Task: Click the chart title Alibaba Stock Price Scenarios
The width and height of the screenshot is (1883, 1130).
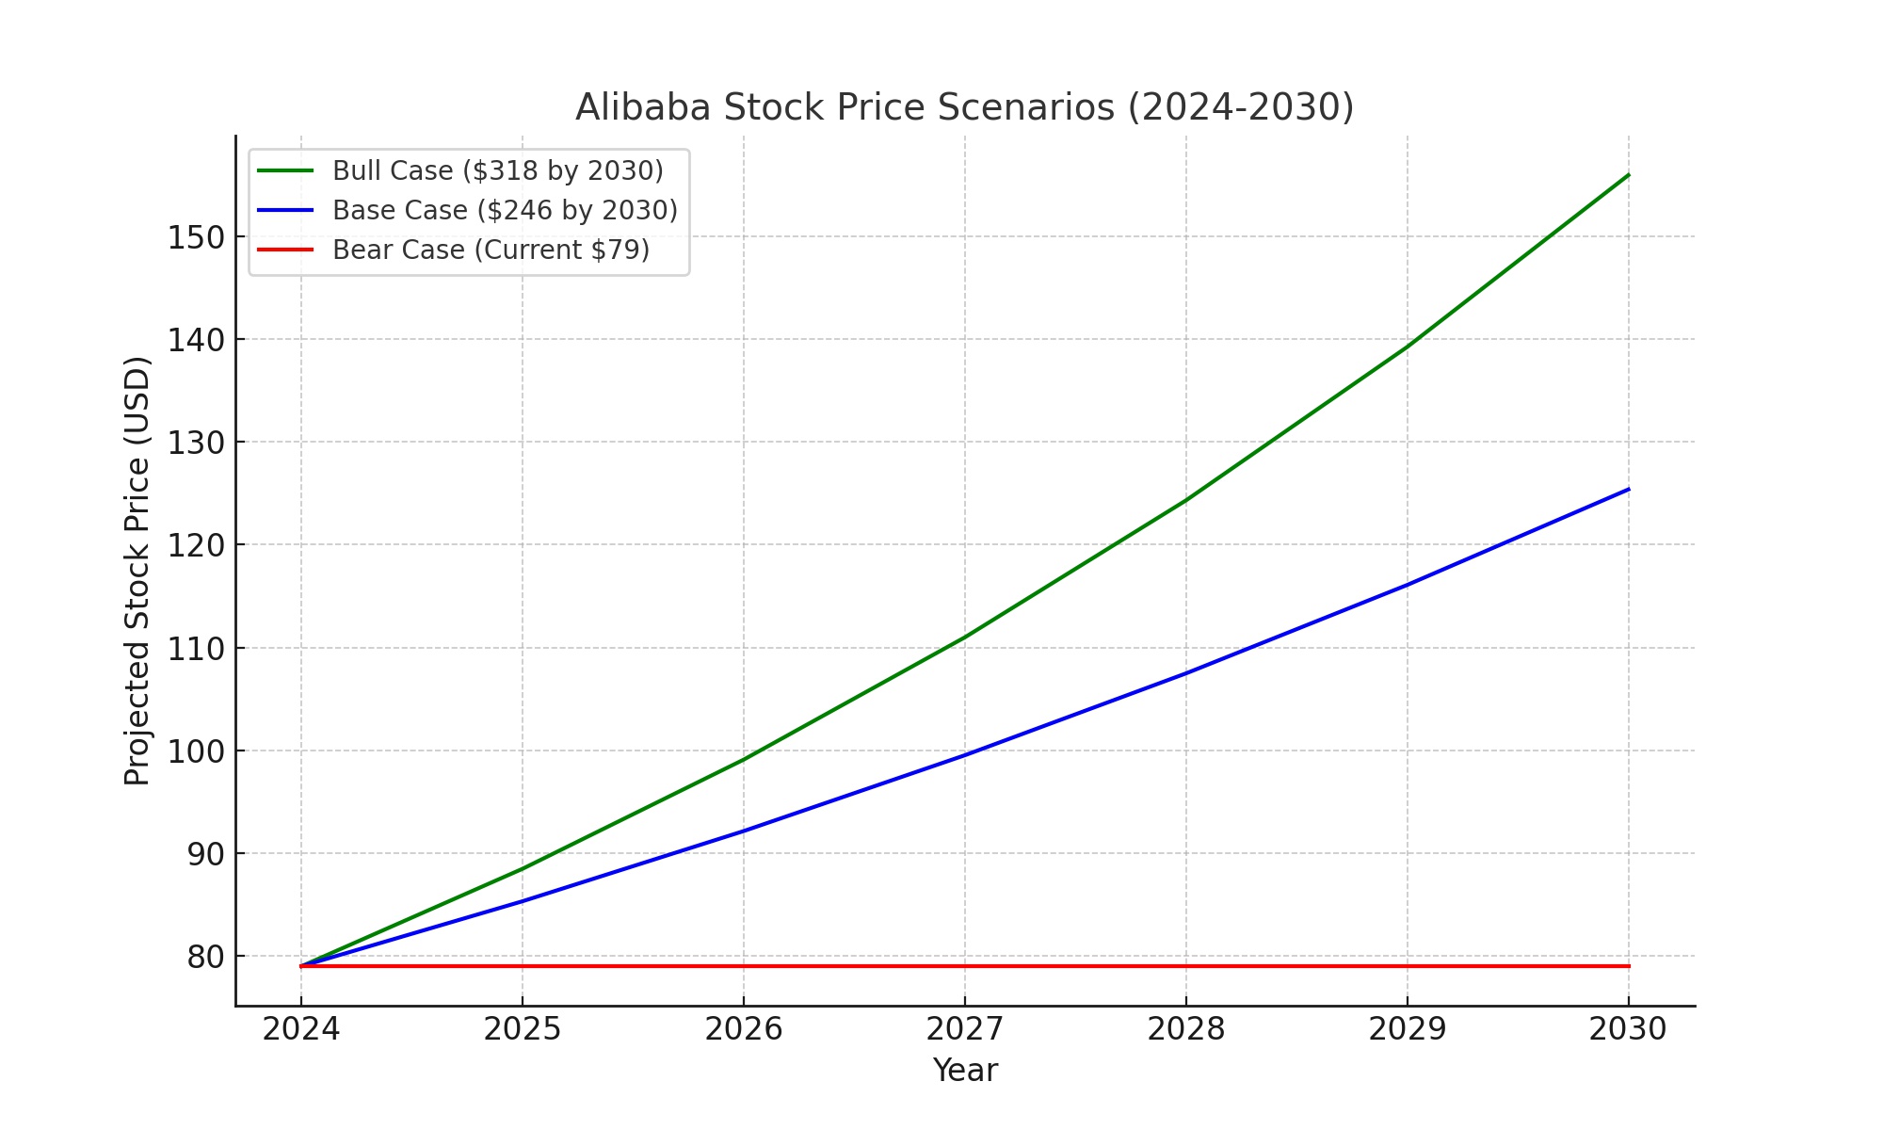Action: coord(964,107)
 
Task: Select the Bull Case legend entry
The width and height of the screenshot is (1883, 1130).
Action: coord(497,170)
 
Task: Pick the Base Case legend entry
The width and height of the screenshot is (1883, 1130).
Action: coord(505,210)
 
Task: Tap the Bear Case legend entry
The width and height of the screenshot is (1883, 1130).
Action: coord(491,250)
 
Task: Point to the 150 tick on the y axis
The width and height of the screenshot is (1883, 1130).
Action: coord(197,237)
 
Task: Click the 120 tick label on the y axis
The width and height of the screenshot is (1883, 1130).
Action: coord(197,545)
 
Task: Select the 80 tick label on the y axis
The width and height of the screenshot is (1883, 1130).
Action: coord(206,957)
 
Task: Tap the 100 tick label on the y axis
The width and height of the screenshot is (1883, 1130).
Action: coord(197,751)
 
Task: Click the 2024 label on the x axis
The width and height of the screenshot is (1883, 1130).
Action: coord(301,1029)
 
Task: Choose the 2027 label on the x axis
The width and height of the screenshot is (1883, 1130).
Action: coord(964,1029)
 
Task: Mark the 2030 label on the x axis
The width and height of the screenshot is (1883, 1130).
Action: coord(1628,1029)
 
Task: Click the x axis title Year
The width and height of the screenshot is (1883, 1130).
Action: coord(964,1071)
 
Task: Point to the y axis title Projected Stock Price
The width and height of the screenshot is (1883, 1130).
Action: coord(137,571)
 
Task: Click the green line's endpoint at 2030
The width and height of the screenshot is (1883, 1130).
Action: coord(1628,175)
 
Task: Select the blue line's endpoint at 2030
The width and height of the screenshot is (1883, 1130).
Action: coord(1628,489)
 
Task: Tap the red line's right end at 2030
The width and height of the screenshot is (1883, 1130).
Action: coord(1628,966)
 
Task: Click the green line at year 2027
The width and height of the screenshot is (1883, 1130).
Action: coord(965,637)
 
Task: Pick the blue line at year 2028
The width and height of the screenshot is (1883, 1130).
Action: coord(1186,672)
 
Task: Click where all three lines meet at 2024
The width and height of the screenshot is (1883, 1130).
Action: coord(301,966)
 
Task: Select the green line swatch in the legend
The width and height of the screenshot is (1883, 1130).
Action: coord(285,170)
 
